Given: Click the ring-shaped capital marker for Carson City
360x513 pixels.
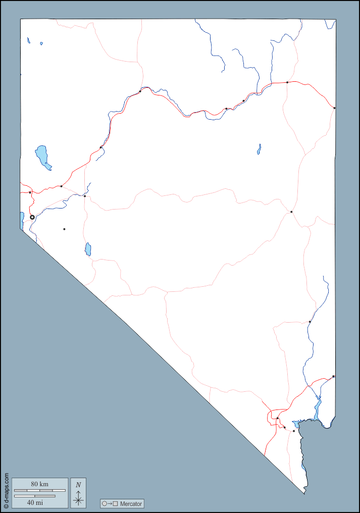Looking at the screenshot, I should coord(32,217).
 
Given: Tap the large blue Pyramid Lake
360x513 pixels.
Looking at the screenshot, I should coord(42,155).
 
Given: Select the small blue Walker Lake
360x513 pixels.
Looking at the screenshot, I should coord(88,249).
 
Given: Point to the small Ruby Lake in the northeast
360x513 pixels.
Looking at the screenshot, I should coord(259,149).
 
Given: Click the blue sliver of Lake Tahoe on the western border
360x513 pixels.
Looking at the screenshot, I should coord(22,219).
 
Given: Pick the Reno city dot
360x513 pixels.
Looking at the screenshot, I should coord(30,192).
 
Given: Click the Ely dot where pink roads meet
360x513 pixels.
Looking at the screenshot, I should coord(291,212).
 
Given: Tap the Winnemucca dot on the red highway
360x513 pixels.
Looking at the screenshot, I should coord(140,91).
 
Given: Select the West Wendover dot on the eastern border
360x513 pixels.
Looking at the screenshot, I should coord(334,108).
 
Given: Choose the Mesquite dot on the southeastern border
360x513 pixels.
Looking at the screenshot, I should coord(333,376).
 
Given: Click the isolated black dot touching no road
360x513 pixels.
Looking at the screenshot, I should coord(64,229).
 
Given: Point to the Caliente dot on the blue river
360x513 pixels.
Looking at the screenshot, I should coord(310,322).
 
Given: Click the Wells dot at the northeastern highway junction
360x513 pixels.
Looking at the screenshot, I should coord(287,82).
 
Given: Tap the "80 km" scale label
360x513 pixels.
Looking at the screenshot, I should coord(39,484).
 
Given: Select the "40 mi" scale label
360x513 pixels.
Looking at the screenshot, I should coord(35,502).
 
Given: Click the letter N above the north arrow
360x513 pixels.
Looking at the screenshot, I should coord(78,485).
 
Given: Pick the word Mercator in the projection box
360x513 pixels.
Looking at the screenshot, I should coord(131,503).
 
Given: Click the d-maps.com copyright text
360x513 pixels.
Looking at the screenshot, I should coord(6,490).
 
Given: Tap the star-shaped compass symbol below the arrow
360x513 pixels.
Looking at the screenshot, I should coord(78,500).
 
